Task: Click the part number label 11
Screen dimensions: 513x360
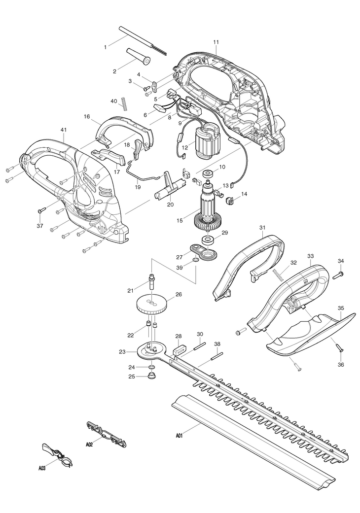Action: coord(216,42)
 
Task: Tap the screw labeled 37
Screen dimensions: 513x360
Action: coord(41,210)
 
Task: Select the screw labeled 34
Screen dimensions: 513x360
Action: coord(339,272)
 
